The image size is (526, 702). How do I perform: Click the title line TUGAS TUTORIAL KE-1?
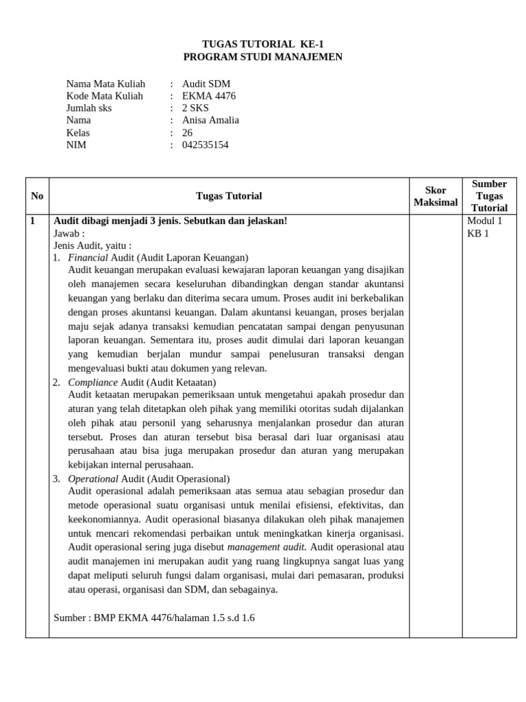pos(263,44)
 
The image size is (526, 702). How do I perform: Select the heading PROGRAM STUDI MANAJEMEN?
pos(263,57)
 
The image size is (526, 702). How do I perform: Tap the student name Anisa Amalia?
pos(210,121)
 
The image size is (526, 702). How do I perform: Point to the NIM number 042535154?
pos(205,145)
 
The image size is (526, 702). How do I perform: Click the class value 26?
pos(188,133)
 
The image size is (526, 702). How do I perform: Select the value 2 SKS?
pos(195,108)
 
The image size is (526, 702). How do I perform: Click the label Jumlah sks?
pos(89,108)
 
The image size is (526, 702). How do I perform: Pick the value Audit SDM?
pos(206,84)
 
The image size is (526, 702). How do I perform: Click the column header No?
pos(37,196)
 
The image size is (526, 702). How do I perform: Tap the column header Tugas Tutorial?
pos(229,196)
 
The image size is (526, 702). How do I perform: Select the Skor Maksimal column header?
pos(436,196)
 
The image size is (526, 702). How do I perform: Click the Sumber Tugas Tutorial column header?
pos(489,196)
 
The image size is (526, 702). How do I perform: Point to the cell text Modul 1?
pos(484,221)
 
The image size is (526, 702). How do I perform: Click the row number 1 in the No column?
pos(32,221)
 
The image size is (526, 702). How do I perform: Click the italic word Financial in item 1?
pos(88,258)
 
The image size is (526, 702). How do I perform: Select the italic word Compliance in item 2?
pos(92,383)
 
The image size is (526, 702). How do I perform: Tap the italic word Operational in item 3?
pos(93,479)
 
